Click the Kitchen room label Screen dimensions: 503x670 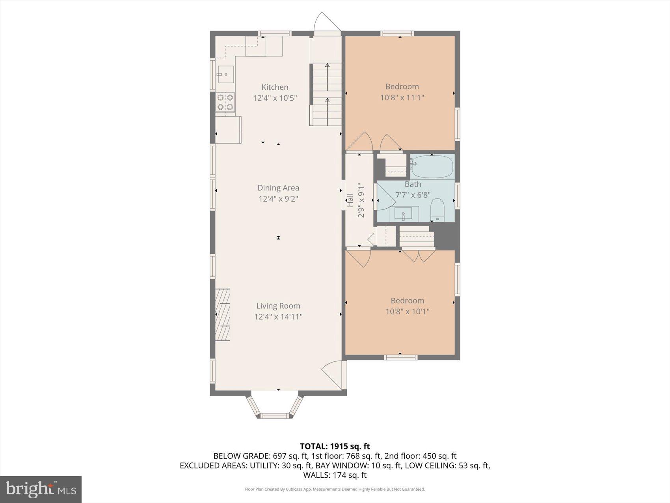coord(275,87)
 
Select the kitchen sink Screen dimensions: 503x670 coord(226,74)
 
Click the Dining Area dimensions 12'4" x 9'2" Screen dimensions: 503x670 coord(278,199)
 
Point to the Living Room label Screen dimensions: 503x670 coord(278,306)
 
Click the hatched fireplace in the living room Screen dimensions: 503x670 coord(223,314)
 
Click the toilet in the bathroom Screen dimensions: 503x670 coord(437,210)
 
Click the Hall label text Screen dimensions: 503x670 coord(350,200)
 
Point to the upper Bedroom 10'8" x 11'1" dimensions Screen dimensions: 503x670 coord(402,97)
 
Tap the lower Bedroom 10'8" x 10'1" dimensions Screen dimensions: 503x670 coord(407,312)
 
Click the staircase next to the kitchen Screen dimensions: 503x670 coord(327,95)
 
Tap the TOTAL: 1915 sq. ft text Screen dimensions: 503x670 coord(335,446)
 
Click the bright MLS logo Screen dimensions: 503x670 coord(41,489)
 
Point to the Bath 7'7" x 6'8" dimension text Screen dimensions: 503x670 coord(413,195)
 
